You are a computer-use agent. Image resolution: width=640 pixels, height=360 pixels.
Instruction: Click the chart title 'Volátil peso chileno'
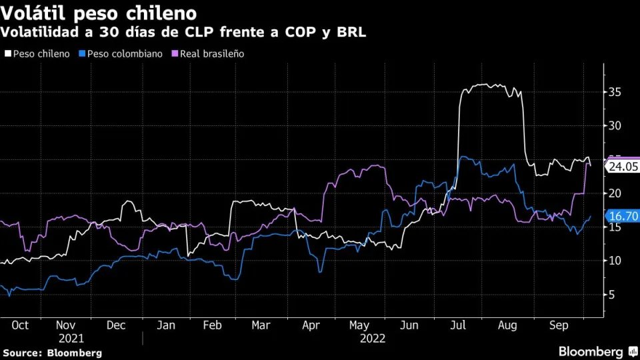tap(99, 13)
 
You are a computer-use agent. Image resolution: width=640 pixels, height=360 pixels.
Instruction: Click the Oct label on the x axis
tap(20, 325)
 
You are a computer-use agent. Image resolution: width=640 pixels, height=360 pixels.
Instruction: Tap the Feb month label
tap(211, 325)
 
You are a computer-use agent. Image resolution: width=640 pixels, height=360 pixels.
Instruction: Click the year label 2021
tap(71, 338)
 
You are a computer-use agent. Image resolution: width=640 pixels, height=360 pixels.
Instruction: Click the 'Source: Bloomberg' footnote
tap(53, 352)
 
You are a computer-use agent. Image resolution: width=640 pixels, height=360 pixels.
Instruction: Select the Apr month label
tap(311, 325)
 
